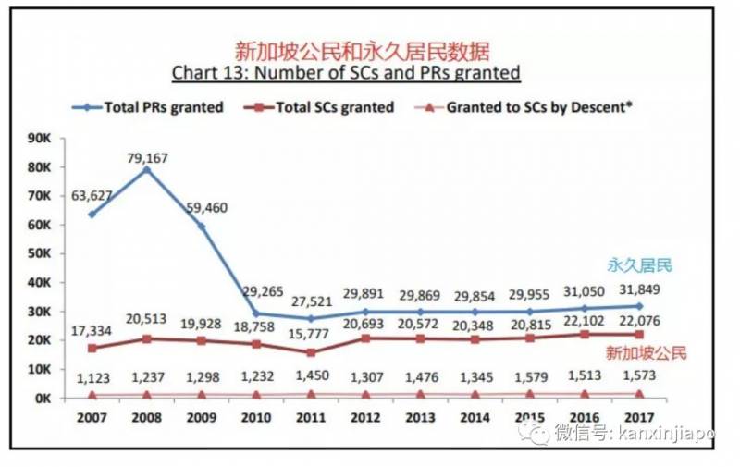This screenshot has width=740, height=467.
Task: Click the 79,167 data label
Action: [148, 156]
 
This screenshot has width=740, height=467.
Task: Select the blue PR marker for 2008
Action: [147, 170]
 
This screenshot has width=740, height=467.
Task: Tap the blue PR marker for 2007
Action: [91, 215]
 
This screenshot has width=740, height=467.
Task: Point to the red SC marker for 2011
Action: [311, 352]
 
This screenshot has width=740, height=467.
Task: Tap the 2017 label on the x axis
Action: [639, 416]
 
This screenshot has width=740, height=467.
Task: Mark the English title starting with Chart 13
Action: [346, 72]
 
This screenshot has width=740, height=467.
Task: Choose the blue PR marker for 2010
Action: [255, 313]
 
